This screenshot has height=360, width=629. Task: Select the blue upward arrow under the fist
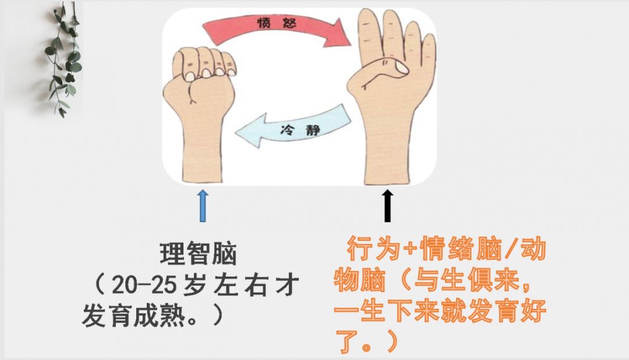[x=202, y=205]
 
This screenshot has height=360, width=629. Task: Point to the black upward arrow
[x=388, y=205]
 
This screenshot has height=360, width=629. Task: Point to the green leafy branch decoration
[x=63, y=58]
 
